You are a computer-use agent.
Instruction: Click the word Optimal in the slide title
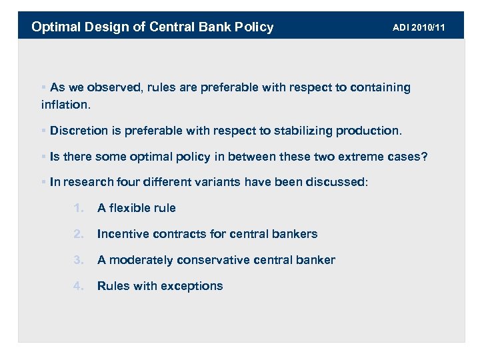click(x=55, y=27)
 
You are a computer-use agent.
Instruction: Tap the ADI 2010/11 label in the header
click(x=418, y=27)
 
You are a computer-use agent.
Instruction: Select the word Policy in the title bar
click(x=252, y=27)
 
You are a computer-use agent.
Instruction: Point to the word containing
click(x=377, y=87)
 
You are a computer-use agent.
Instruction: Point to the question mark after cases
click(x=424, y=156)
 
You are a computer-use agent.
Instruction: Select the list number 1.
click(x=78, y=208)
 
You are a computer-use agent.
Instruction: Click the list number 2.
click(x=78, y=234)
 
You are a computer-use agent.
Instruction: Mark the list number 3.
click(x=78, y=260)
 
